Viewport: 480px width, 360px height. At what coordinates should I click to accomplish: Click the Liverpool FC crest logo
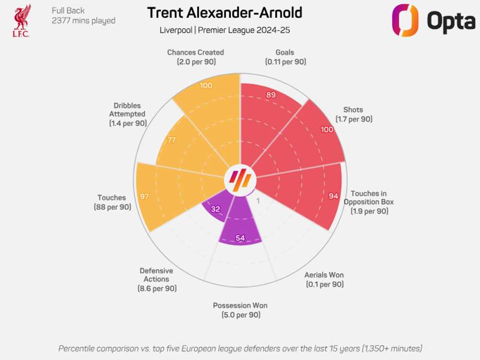click(21, 20)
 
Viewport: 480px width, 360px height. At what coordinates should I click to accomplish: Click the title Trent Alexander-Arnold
click(225, 13)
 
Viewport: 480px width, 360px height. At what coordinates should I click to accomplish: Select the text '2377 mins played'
click(83, 21)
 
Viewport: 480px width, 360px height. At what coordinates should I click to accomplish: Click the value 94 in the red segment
click(333, 196)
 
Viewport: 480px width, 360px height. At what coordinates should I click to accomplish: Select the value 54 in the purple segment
click(240, 238)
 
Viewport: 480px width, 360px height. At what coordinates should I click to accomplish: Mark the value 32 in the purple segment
click(215, 209)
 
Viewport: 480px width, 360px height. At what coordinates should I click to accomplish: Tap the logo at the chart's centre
click(240, 180)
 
